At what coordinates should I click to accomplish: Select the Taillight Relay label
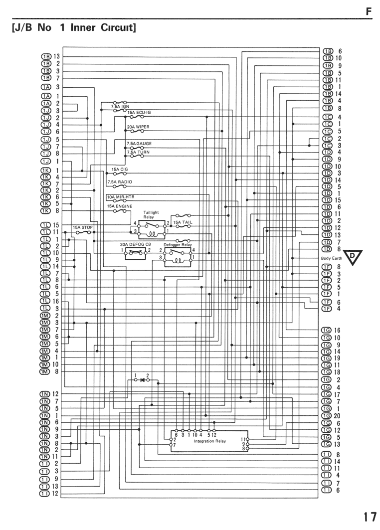click(151, 214)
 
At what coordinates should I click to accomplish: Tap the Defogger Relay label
click(178, 245)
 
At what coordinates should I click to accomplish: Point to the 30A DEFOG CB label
click(135, 244)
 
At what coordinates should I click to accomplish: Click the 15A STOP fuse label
click(82, 227)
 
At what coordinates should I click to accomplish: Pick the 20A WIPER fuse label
click(138, 127)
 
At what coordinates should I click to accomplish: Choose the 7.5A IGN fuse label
click(120, 107)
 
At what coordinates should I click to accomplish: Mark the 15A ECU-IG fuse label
click(139, 112)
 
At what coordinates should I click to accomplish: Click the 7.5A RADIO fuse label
click(120, 182)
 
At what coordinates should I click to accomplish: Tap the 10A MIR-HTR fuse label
click(121, 197)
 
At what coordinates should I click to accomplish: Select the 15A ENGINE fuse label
click(120, 206)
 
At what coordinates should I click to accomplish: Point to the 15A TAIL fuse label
click(183, 222)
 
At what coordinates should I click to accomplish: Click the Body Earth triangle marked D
click(353, 256)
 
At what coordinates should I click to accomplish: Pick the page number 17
click(370, 517)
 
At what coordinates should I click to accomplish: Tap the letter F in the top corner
click(369, 11)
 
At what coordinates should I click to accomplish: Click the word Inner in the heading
click(83, 27)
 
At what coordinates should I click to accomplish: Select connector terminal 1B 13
click(50, 56)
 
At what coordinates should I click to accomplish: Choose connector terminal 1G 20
click(331, 416)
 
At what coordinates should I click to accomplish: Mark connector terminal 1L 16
click(49, 301)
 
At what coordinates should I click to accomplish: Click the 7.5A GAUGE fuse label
click(139, 144)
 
